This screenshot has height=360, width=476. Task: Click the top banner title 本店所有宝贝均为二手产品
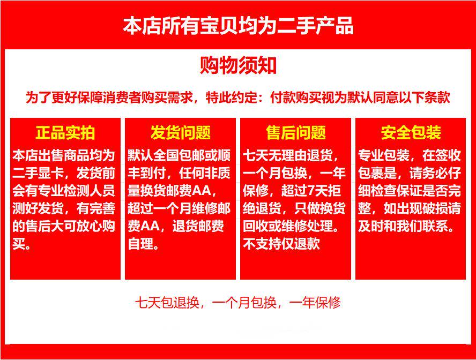coord(238,26)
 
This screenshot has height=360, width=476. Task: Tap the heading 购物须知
coord(238,65)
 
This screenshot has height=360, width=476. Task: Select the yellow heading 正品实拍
coord(65,132)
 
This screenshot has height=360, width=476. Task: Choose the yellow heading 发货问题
coord(180,132)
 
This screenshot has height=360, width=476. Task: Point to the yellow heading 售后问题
coord(296,132)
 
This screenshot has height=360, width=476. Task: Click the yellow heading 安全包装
coord(411,132)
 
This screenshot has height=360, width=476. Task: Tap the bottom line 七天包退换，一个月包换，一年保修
coord(238,302)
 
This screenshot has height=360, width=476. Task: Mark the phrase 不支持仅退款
coord(281,243)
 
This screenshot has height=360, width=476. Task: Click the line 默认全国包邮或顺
coord(179,155)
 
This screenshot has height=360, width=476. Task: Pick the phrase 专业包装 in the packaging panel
coord(383,155)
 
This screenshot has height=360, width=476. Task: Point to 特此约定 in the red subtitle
coord(232,97)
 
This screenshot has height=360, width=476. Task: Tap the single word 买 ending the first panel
coord(19,243)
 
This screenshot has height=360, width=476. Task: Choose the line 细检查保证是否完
coord(410,191)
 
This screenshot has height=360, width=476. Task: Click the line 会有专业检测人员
coord(64,191)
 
